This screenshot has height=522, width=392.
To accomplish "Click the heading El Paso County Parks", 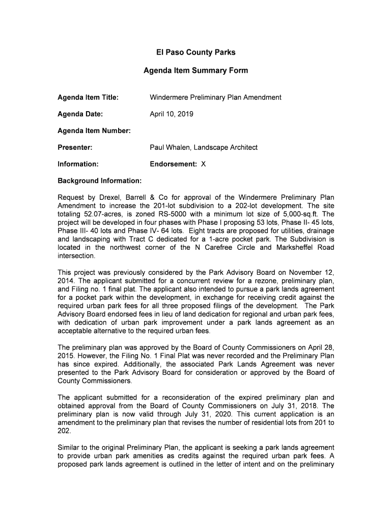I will pyautogui.click(x=195, y=53).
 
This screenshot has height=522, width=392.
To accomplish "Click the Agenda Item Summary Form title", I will pyautogui.click(x=195, y=71).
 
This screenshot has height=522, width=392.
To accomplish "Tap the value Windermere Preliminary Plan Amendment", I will pyautogui.click(x=215, y=97).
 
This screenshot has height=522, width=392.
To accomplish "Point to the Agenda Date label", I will pyautogui.click(x=80, y=114).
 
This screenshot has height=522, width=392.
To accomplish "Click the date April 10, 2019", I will pyautogui.click(x=172, y=114).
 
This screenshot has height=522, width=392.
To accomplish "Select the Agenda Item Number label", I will pyautogui.click(x=94, y=131).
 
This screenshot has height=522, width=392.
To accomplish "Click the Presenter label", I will pyautogui.click(x=75, y=147).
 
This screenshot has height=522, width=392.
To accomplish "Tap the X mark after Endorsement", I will pyautogui.click(x=204, y=164).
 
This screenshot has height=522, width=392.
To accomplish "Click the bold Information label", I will pyautogui.click(x=78, y=164).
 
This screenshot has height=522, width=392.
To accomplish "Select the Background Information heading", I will pyautogui.click(x=99, y=181).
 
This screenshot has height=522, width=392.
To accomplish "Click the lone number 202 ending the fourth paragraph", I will pyautogui.click(x=65, y=430).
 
